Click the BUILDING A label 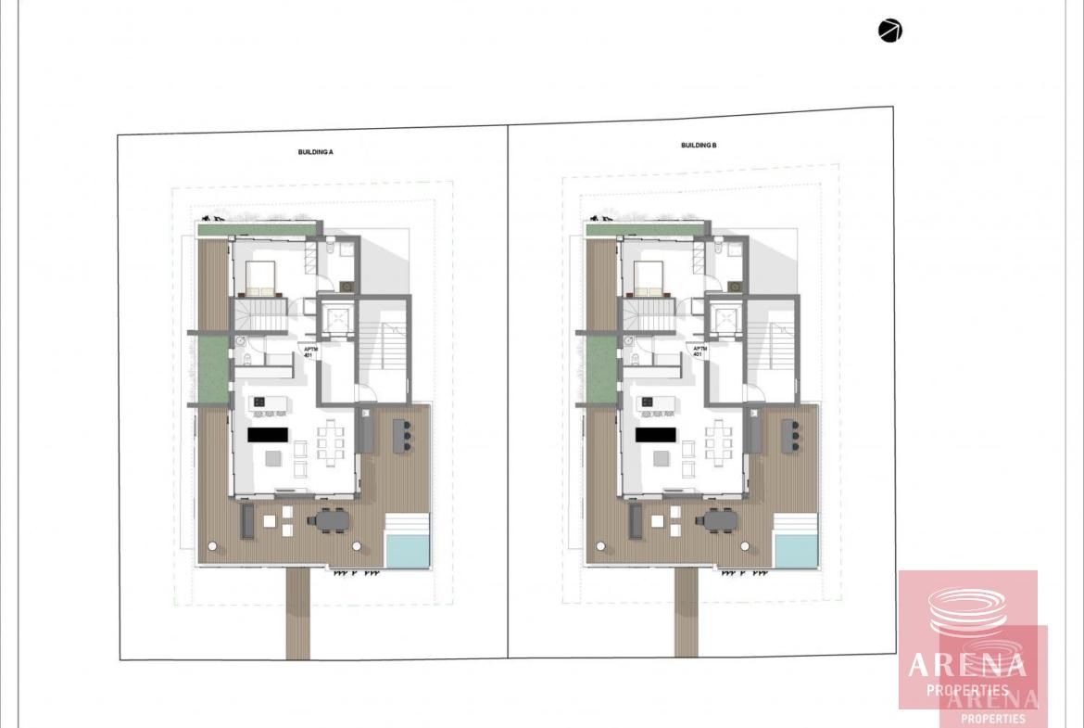coord(315,151)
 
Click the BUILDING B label coord(699,146)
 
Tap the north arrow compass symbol coord(889,32)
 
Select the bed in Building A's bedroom coord(260,279)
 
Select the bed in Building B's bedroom coord(649,279)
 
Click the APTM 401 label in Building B coord(699,352)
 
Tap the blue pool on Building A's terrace coord(407,550)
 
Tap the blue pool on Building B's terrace coord(796,550)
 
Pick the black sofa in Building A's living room coord(268,435)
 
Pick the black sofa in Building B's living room coord(656,435)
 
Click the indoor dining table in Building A coord(331,440)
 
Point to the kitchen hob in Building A coord(259,402)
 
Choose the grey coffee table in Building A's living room coord(273,458)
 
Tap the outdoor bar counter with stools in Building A coord(401,436)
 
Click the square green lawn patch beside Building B coord(601,369)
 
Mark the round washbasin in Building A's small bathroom coord(240,341)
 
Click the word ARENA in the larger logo coord(967,665)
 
